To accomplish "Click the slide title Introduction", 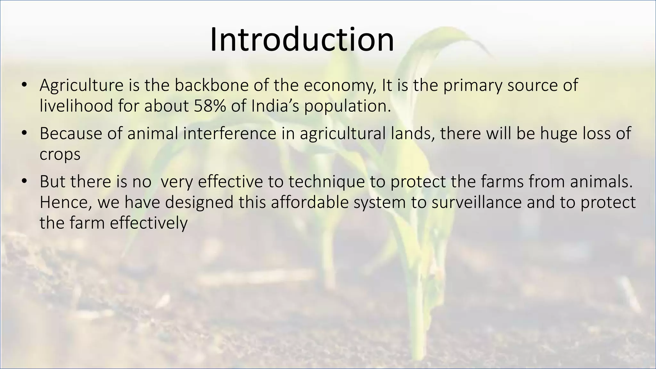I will tap(302, 40).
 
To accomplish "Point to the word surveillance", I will tap(477, 202).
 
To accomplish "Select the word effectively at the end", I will tap(149, 223).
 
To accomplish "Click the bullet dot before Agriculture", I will tap(24, 86).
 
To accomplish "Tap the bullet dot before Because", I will tap(24, 134).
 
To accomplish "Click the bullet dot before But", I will tap(24, 182).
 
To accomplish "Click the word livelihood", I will tap(76, 106).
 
